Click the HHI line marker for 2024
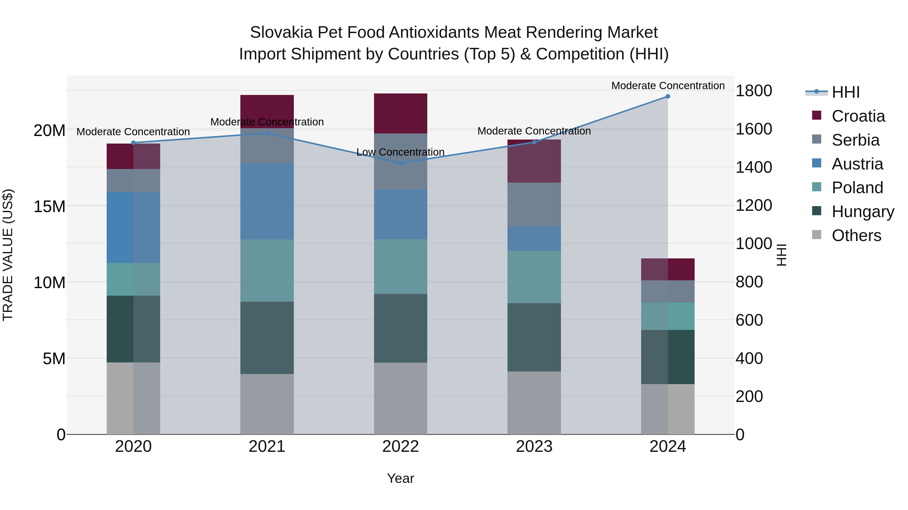tap(668, 96)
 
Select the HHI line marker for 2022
tap(401, 163)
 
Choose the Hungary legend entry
tap(863, 212)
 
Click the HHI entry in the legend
tap(845, 92)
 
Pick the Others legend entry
tap(856, 235)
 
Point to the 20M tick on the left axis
tap(49, 131)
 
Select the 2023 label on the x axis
tap(534, 447)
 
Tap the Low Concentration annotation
tap(401, 152)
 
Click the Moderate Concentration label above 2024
tap(668, 86)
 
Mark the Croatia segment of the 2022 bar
tap(401, 113)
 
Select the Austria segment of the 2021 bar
tap(267, 201)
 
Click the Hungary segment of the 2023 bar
tap(534, 337)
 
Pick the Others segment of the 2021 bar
tap(267, 404)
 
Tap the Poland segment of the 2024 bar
tap(668, 316)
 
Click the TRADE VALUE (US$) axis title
tap(8, 255)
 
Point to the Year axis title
tap(401, 478)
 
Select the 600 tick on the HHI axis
tap(749, 320)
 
